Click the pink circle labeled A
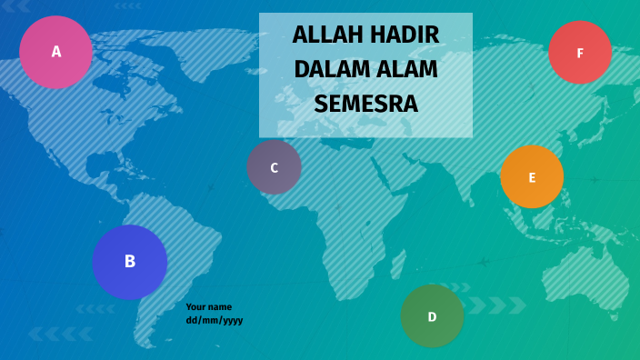55,52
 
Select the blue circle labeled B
130,262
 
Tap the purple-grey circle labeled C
274,167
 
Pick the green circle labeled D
432,316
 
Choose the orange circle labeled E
532,177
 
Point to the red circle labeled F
580,53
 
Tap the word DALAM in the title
331,70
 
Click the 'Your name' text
208,306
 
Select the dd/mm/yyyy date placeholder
215,320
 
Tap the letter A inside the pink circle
56,52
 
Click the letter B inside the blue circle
130,262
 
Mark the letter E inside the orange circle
532,178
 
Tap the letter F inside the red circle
580,54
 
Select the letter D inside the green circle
432,317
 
